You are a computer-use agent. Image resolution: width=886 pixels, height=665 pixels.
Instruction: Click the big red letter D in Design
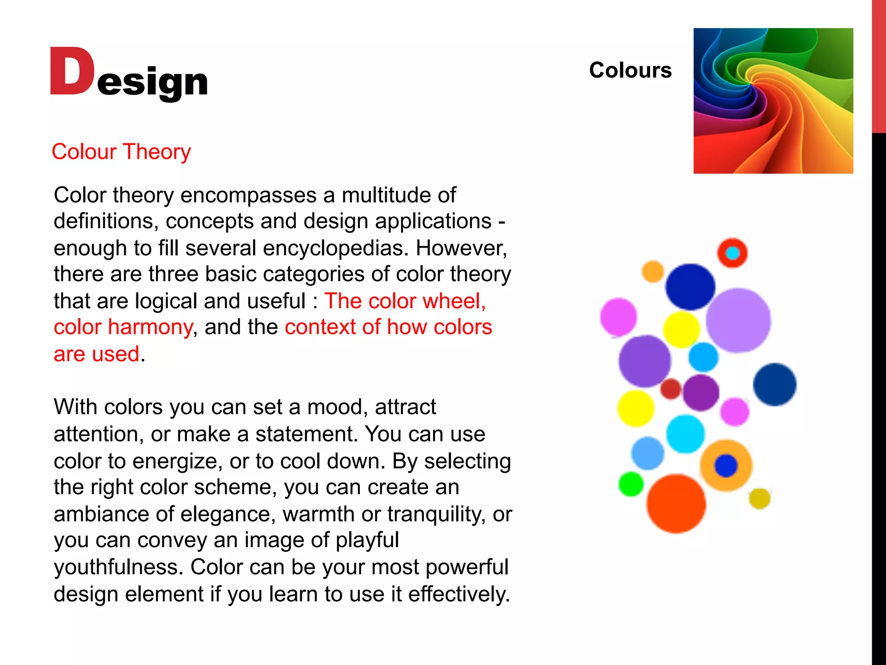click(72, 71)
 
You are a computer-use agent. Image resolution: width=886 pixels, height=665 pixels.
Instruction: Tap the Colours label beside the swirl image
click(630, 70)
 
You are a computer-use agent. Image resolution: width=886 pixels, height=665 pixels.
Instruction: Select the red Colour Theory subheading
click(121, 152)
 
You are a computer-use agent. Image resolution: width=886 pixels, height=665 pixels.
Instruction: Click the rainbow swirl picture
click(773, 101)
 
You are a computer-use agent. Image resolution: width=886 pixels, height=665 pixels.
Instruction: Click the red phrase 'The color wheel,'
click(405, 301)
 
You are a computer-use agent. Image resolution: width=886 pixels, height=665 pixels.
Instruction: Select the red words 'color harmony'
click(123, 327)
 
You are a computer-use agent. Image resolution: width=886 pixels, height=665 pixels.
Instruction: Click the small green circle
click(631, 484)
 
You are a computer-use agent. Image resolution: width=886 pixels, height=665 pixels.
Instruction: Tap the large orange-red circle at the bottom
click(676, 504)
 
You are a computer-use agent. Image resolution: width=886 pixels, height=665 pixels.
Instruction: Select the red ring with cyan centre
click(732, 253)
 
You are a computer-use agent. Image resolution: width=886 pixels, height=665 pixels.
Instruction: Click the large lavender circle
click(738, 320)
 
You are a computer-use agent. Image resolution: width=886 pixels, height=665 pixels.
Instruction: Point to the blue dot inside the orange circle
click(726, 466)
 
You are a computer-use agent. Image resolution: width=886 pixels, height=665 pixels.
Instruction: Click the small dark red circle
click(671, 388)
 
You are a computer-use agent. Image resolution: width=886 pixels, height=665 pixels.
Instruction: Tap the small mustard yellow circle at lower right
click(759, 498)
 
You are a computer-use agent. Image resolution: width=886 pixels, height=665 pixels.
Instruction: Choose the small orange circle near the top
click(653, 271)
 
